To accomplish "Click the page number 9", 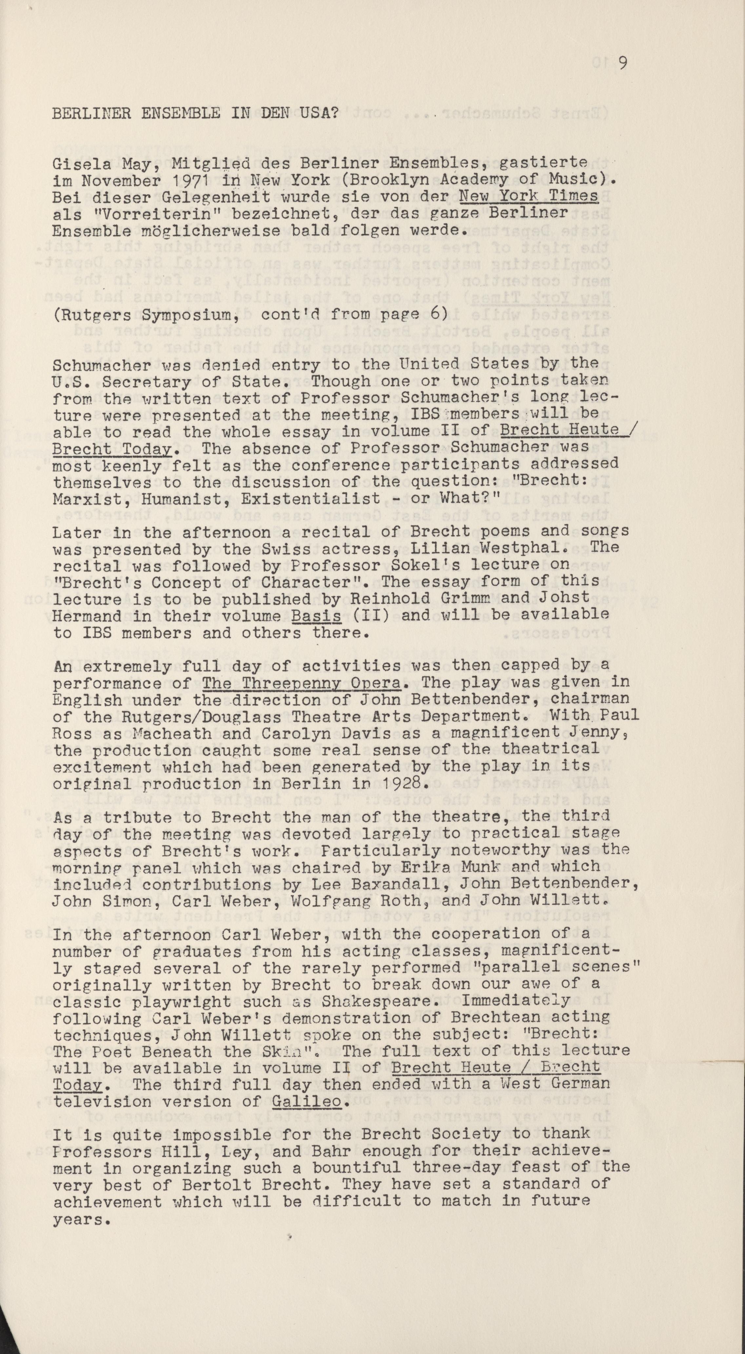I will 623,63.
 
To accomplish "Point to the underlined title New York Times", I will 528,197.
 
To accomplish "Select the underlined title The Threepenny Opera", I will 302,683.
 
